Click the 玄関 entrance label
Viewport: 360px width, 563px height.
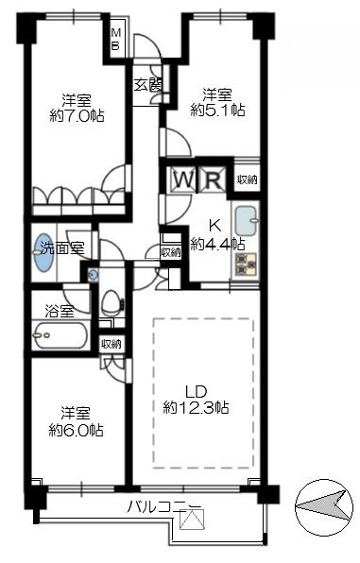(146, 83)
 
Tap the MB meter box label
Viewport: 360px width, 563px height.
(117, 40)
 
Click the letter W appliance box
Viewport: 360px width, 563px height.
(182, 179)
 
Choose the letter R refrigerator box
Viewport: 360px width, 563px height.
(213, 179)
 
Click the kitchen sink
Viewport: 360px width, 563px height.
(246, 220)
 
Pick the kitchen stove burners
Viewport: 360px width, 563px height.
(245, 265)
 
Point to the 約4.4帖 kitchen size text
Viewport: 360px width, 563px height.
(217, 244)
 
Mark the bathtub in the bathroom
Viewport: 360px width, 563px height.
(60, 334)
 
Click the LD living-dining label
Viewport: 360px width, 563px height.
(196, 390)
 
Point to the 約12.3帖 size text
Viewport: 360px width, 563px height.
(196, 408)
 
